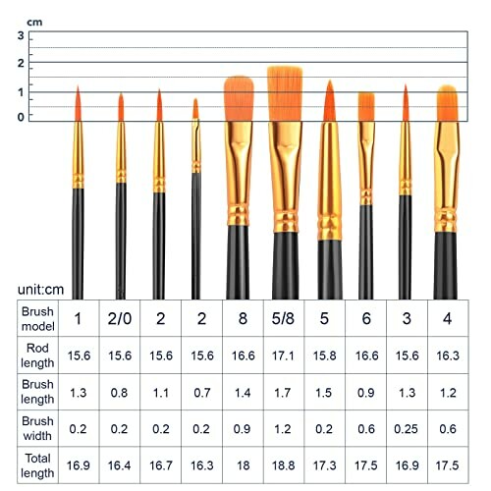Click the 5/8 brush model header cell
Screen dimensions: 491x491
coord(281,318)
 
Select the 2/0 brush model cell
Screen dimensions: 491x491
coord(120,318)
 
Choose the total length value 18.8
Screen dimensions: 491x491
coord(281,466)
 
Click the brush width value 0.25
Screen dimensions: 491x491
coord(405,428)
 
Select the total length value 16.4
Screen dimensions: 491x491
coord(120,466)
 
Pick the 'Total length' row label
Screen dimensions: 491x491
coord(37,466)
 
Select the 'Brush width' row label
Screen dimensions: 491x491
coord(37,428)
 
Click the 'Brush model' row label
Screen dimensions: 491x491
coord(37,318)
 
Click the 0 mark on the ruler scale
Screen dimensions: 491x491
coord(21,117)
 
